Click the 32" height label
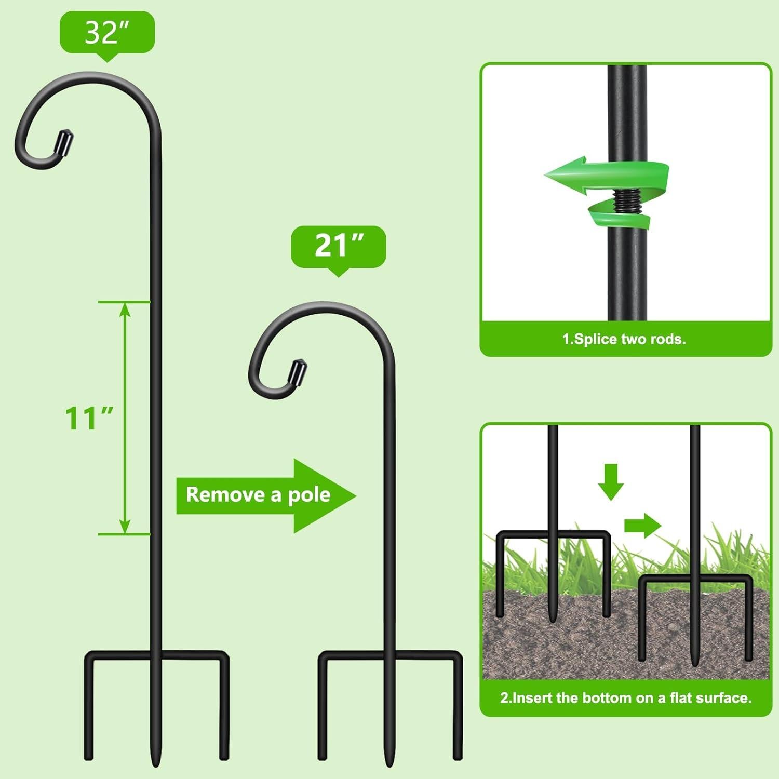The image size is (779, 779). [x=107, y=33]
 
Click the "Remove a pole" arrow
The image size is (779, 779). [x=265, y=495]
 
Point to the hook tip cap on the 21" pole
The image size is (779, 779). [x=298, y=371]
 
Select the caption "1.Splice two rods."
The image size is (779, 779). [x=624, y=339]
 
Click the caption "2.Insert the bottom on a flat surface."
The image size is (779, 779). [x=625, y=697]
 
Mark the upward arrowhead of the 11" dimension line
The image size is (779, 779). [x=125, y=310]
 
